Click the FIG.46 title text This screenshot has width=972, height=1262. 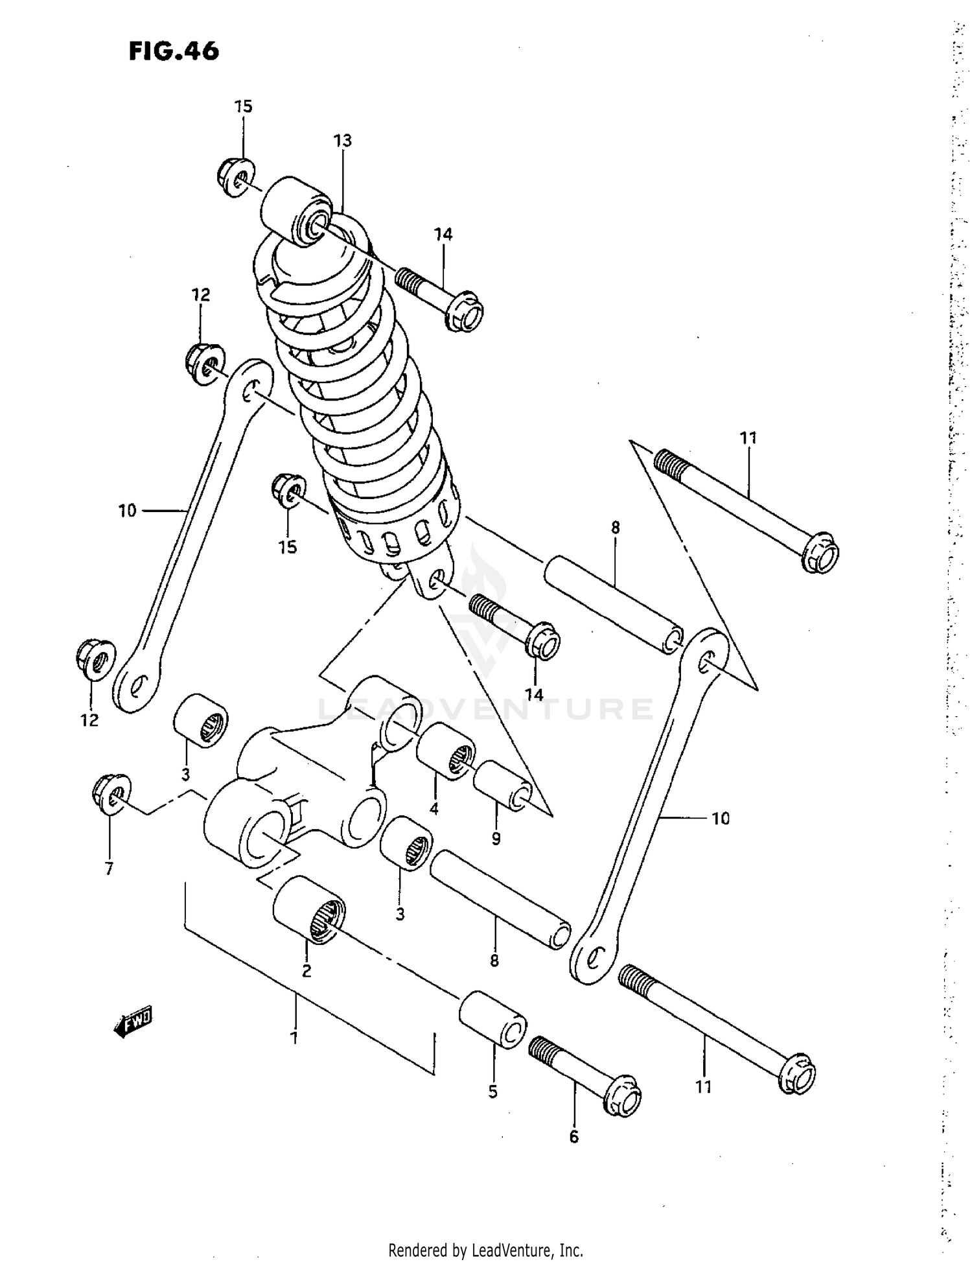(174, 51)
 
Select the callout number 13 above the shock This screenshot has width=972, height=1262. (342, 141)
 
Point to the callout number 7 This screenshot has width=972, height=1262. (109, 869)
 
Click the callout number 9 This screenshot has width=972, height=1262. (496, 839)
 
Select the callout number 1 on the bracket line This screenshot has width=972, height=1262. (294, 1037)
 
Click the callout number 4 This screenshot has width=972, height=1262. (434, 808)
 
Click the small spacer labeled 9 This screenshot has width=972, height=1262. (503, 786)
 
